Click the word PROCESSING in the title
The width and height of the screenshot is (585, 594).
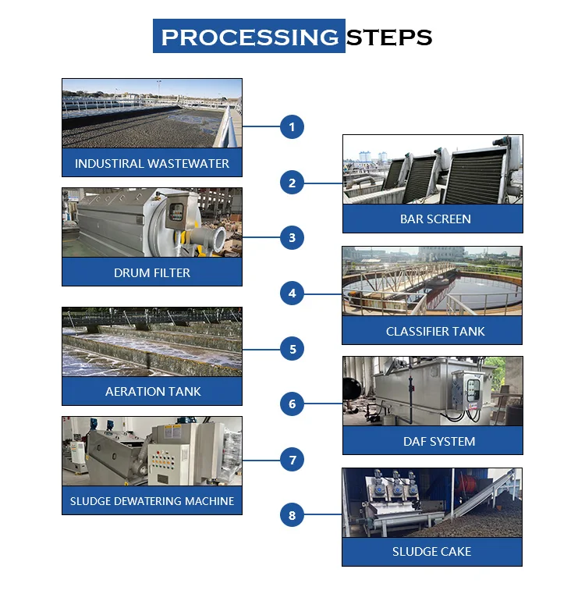coord(249,37)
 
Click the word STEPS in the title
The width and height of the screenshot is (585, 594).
coord(388,37)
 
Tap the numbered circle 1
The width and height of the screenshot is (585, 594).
coord(292,126)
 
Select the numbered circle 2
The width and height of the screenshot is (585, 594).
coord(292,183)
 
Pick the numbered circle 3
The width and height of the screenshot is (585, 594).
coord(292,237)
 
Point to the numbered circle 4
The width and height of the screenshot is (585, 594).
coord(292,293)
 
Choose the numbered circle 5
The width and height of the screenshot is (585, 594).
coord(292,349)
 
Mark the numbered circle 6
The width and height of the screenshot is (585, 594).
coord(292,404)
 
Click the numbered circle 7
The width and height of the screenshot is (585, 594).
coord(292,460)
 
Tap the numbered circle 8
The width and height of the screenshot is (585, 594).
coord(292,515)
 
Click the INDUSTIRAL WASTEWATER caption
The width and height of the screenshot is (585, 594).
coord(152,163)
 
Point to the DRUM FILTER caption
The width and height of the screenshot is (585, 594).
coord(152,272)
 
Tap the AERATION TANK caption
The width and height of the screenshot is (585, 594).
coord(153,391)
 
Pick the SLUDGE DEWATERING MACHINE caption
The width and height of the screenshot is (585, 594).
coord(152,501)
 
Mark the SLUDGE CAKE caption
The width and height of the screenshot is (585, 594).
coord(431,552)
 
